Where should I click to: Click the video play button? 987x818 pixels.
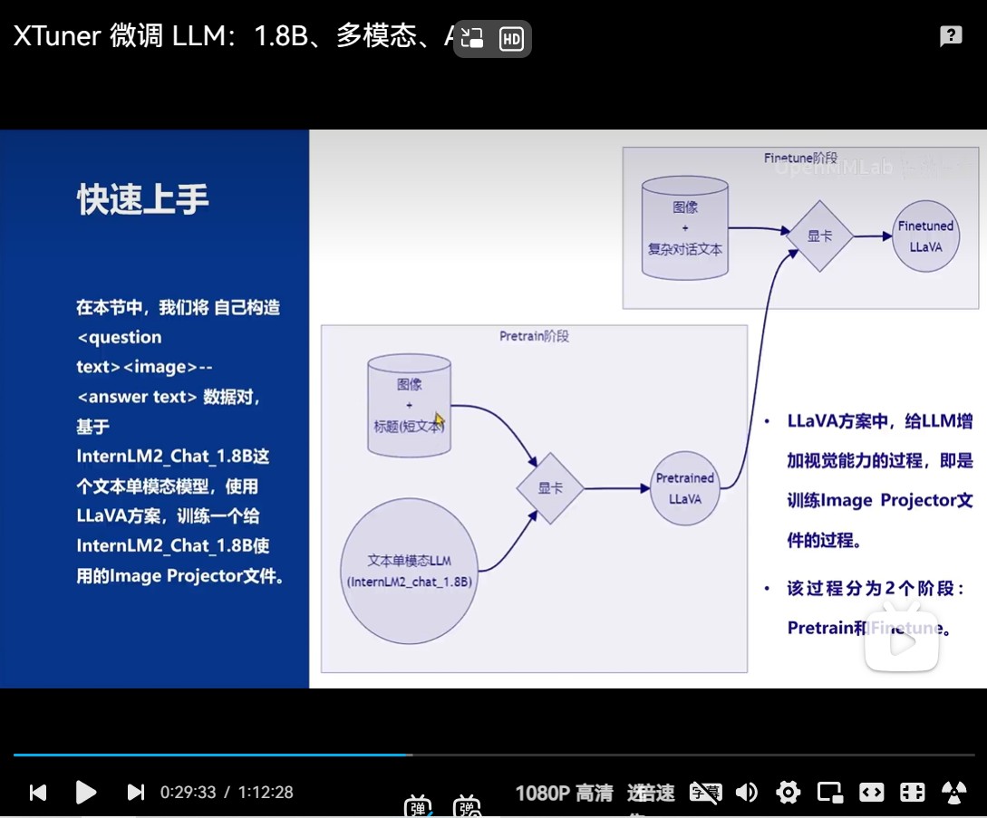point(86,793)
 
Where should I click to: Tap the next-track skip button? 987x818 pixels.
point(136,793)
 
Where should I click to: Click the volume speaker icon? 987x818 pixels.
point(747,793)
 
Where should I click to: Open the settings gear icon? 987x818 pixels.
point(789,793)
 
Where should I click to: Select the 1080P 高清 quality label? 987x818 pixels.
point(564,794)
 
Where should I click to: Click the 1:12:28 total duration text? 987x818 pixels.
point(266,793)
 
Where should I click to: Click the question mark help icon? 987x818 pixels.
point(951,36)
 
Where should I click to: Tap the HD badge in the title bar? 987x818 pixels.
point(511,39)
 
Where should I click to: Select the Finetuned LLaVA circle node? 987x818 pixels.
point(925,236)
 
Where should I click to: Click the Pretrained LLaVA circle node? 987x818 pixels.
point(685,488)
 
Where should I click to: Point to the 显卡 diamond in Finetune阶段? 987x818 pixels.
point(820,236)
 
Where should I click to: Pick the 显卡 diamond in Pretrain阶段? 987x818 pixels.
point(550,488)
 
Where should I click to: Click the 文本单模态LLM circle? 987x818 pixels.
point(410,572)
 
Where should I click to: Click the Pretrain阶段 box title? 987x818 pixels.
point(534,336)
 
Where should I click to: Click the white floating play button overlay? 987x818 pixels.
point(902,641)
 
